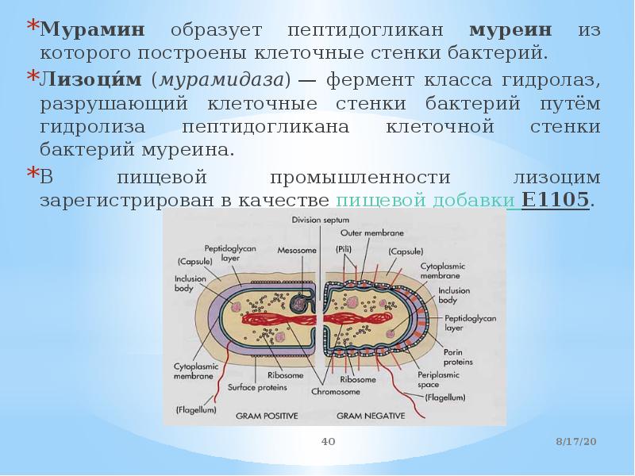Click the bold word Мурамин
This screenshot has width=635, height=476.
93,31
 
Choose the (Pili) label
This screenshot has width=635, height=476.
344,248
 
